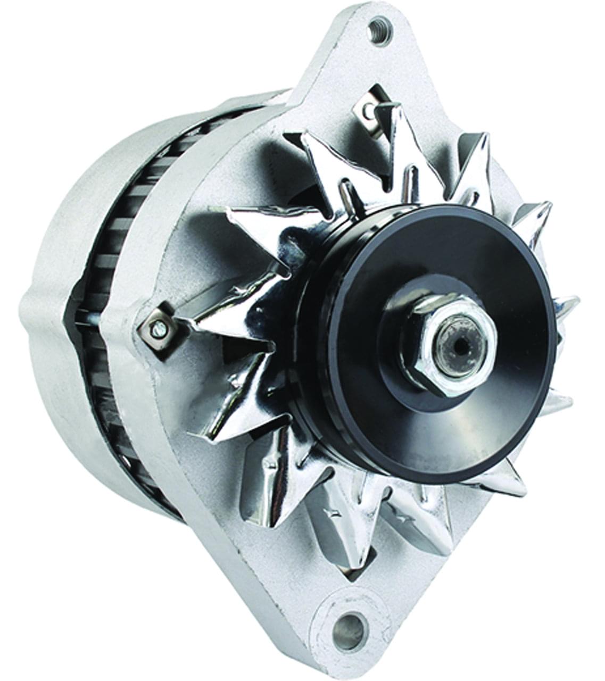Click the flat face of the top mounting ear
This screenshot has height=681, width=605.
[x=341, y=59]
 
